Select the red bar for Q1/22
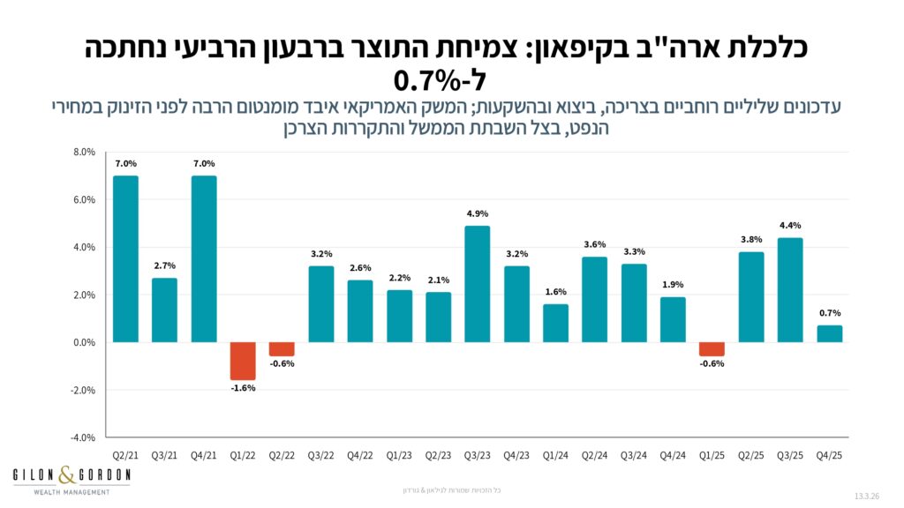243,361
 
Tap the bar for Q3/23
478,284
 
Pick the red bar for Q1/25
712,349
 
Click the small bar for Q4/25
830,333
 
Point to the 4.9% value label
478,213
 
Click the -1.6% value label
243,388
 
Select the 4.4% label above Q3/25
790,226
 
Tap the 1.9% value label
673,285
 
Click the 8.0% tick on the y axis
83,153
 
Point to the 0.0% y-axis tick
83,342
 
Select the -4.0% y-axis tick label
82,437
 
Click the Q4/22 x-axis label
360,455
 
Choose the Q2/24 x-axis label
595,455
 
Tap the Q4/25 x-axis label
830,455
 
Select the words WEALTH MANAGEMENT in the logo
71,491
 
